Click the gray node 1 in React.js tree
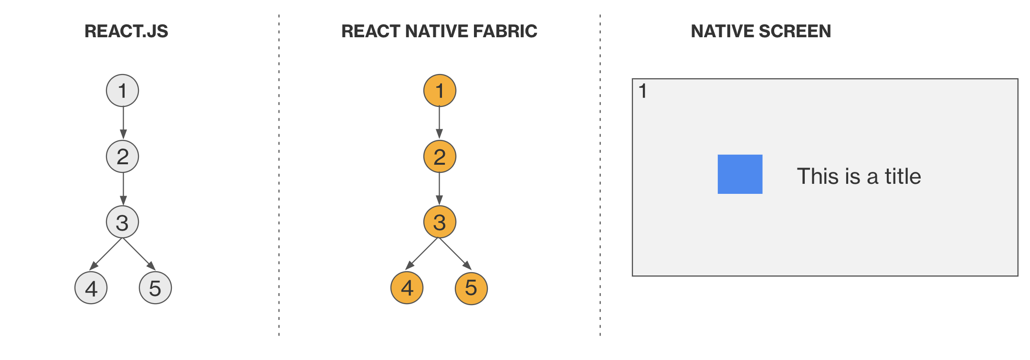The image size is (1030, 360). point(122,90)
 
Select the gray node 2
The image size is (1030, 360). point(122,156)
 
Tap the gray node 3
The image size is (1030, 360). point(122,222)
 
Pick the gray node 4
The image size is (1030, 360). point(91,288)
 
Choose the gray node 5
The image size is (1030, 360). point(155,288)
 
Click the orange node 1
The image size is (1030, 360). point(440,90)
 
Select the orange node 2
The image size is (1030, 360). point(440,156)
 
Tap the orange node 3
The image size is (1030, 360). point(440,222)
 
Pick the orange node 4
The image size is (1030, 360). point(407,288)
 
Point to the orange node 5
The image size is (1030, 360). point(471,288)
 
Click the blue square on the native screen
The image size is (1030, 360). point(740,174)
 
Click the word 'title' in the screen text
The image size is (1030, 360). point(903,176)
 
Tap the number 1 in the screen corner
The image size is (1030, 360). point(643,91)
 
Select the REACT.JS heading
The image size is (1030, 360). point(126,32)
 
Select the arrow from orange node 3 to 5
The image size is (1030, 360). point(455,254)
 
